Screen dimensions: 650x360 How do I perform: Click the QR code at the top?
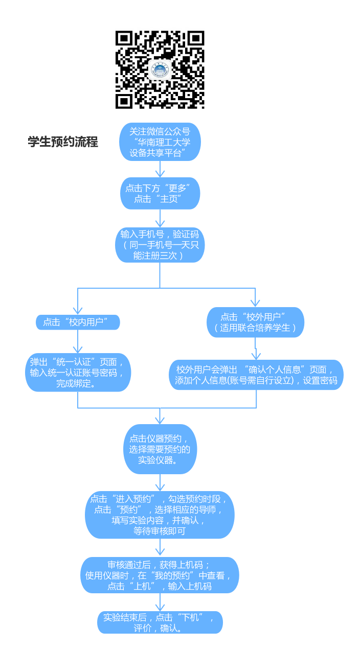(160, 69)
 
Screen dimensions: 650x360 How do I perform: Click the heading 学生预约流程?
(63, 142)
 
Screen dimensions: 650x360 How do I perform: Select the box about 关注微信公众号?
(160, 142)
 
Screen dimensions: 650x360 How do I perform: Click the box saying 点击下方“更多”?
(160, 193)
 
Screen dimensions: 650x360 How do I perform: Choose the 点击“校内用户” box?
(78, 322)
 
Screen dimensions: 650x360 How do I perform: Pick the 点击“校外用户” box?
(255, 322)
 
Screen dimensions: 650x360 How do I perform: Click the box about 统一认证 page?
(78, 372)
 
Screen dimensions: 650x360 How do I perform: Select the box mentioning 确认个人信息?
(256, 375)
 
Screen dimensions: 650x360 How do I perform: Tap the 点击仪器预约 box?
(160, 449)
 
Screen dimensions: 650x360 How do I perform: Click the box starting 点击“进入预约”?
(160, 515)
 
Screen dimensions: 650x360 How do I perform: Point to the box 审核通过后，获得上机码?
(160, 575)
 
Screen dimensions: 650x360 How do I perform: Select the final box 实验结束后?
(160, 622)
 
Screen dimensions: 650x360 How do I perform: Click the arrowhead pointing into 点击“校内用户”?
(78, 310)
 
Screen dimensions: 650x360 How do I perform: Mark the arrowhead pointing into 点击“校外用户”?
(255, 303)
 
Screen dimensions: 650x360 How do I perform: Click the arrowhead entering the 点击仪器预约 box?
(160, 420)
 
